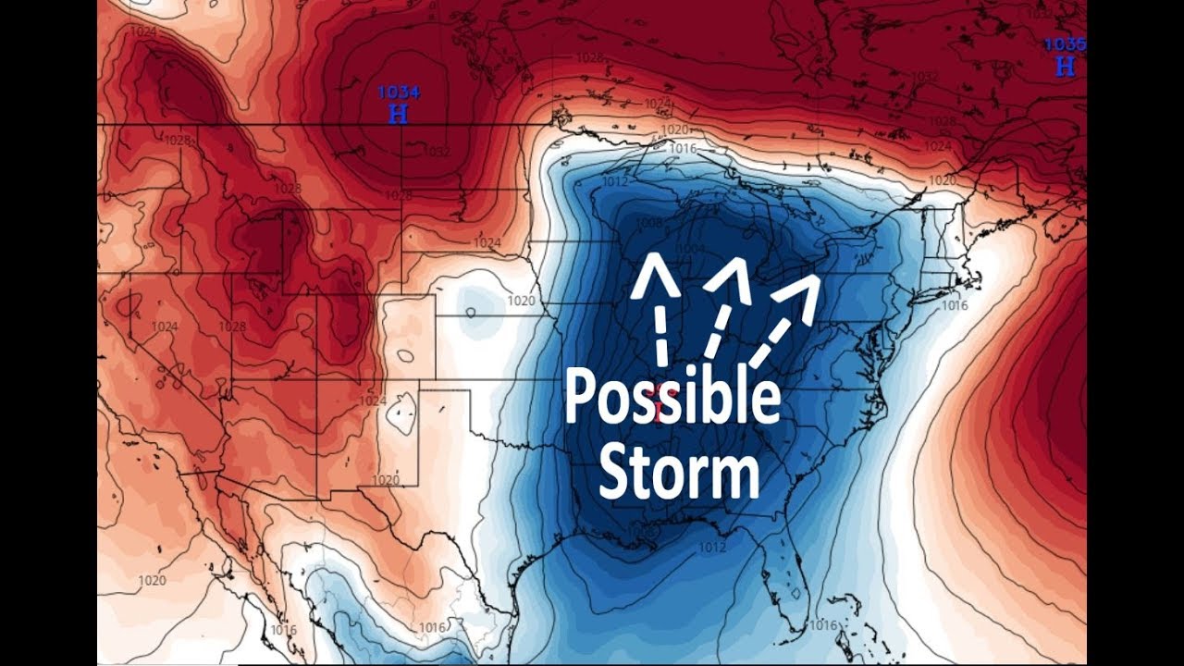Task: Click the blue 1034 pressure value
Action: pyautogui.click(x=399, y=92)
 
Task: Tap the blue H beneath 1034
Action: pyautogui.click(x=399, y=114)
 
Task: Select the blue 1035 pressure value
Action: pyautogui.click(x=1065, y=44)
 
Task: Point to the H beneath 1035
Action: pyautogui.click(x=1065, y=66)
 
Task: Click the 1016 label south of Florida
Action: pyautogui.click(x=822, y=625)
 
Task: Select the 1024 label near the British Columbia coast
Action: pyautogui.click(x=143, y=32)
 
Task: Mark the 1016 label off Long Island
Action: pyautogui.click(x=954, y=305)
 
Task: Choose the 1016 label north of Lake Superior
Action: pyautogui.click(x=682, y=149)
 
